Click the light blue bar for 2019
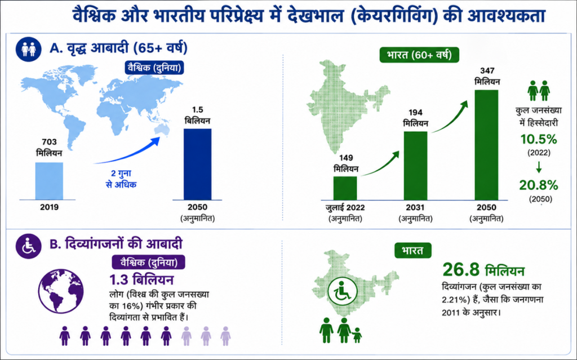coord(49,181)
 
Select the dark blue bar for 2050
coord(198,164)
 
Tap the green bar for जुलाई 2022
coord(345,189)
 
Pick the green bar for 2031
coord(416,166)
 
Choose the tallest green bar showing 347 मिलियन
coord(486,145)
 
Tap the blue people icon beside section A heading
coord(28,49)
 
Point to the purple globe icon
coord(61,291)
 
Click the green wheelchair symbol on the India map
coord(343,291)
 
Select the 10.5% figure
coord(539,140)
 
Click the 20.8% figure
coord(539,185)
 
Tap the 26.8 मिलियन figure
coord(483,270)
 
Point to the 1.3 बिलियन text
coord(141,280)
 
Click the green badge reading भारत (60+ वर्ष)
coord(419,55)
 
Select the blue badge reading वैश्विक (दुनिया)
coord(154,68)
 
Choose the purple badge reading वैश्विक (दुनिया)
coord(149,262)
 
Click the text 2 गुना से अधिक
coord(121,179)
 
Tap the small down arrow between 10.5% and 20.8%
coord(539,167)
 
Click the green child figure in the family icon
coord(357,335)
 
